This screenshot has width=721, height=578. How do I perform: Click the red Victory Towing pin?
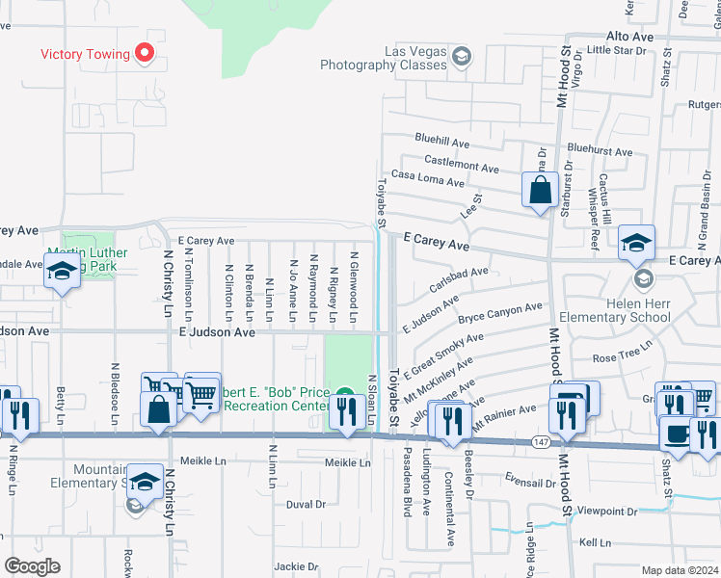pos(146,53)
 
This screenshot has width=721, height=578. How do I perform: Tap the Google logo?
pos(32,566)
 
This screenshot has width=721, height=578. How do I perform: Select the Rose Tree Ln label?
pos(623,356)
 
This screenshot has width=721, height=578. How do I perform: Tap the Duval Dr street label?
pos(307,504)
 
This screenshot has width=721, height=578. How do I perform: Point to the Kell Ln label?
pos(595,542)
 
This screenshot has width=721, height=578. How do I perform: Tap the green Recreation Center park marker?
pos(345,393)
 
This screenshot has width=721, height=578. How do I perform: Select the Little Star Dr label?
pos(613,49)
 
